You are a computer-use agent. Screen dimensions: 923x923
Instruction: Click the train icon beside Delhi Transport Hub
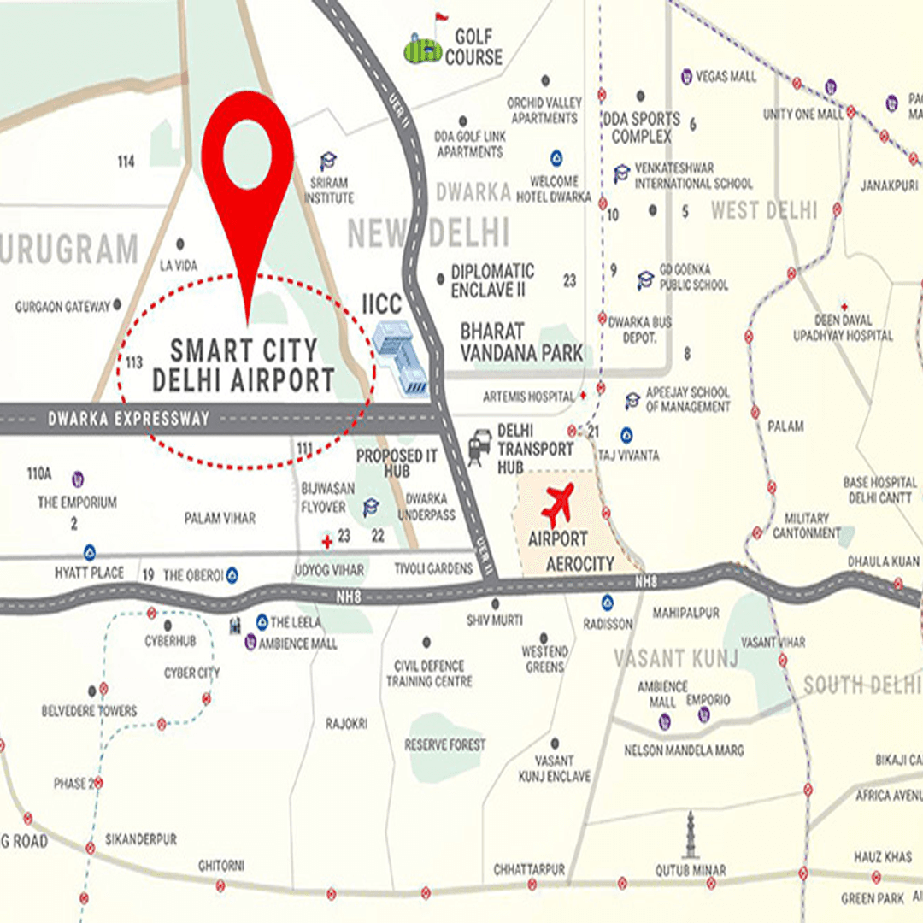(479, 447)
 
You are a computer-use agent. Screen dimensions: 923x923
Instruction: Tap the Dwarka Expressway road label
(128, 419)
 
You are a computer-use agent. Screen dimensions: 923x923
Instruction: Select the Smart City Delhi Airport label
(243, 365)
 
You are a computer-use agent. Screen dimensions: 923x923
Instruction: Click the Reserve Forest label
(445, 745)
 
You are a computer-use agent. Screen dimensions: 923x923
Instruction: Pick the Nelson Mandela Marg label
(684, 750)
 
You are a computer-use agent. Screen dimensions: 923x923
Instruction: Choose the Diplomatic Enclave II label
(493, 280)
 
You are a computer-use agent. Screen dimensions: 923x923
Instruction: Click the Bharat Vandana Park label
(521, 341)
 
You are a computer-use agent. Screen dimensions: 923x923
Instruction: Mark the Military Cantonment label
(807, 526)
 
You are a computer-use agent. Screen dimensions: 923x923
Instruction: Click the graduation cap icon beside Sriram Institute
(327, 162)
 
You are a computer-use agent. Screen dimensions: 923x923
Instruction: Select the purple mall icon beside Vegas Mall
(686, 77)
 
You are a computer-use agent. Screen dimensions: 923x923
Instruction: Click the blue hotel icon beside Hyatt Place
(89, 552)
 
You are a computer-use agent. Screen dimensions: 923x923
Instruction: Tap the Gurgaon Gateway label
(63, 306)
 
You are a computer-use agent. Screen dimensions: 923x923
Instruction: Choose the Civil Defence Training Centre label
(429, 673)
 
